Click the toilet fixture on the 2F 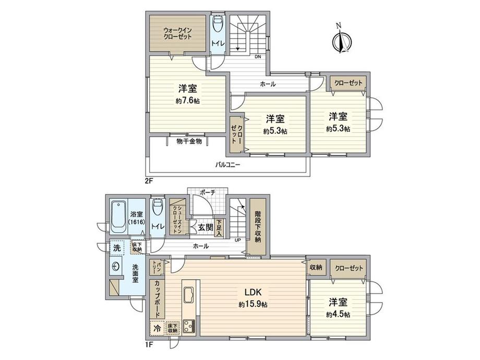pyautogui.click(x=218, y=27)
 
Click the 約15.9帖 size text pyautogui.click(x=253, y=304)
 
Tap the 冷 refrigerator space pyautogui.click(x=157, y=328)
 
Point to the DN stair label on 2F pyautogui.click(x=257, y=57)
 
